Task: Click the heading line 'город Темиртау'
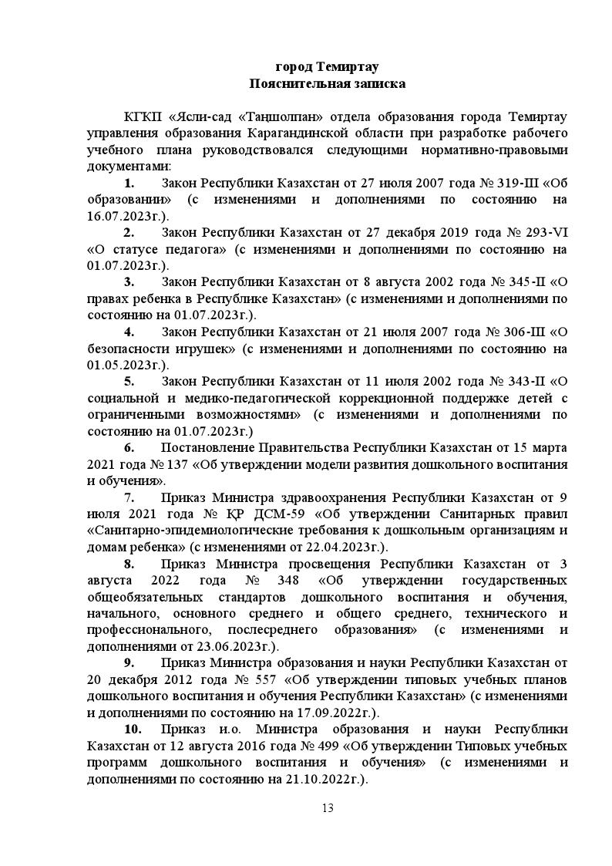pyautogui.click(x=327, y=66)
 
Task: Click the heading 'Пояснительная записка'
pyautogui.click(x=327, y=83)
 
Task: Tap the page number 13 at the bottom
pyautogui.click(x=327, y=808)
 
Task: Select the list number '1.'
pyautogui.click(x=129, y=184)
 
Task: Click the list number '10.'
pyautogui.click(x=132, y=730)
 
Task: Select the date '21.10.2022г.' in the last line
pyautogui.click(x=321, y=779)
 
